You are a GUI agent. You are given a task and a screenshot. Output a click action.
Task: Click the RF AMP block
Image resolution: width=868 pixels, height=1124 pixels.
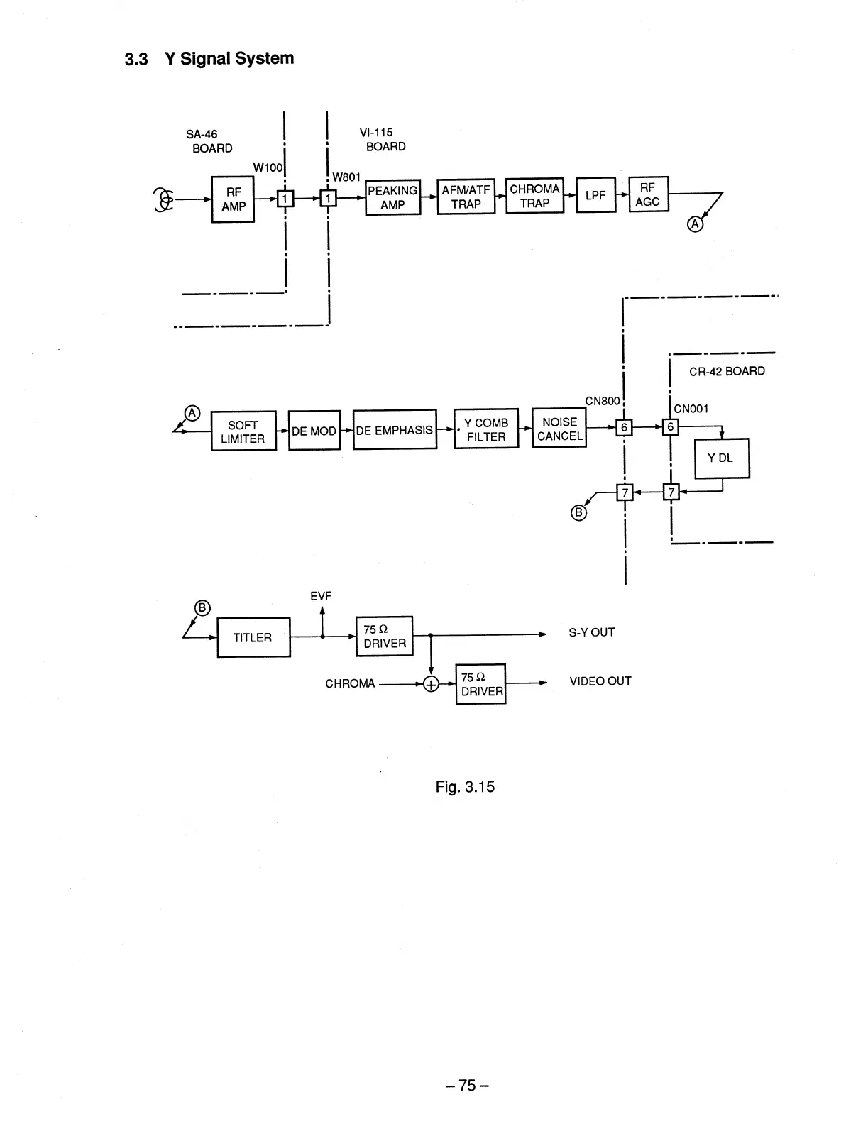(233, 199)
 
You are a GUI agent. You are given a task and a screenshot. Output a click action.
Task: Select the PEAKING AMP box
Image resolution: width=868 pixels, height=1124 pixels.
(392, 197)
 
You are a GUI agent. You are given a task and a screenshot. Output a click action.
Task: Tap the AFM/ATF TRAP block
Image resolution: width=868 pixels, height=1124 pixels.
(466, 197)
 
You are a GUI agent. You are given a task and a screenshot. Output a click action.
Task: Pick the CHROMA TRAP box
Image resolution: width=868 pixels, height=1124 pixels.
(534, 196)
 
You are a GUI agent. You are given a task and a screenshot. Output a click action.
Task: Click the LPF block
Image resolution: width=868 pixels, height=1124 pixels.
(595, 195)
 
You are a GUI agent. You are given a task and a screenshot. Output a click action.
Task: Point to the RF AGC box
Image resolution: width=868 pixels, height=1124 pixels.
(648, 194)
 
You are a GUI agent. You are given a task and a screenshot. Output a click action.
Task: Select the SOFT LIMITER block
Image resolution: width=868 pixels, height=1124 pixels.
(243, 431)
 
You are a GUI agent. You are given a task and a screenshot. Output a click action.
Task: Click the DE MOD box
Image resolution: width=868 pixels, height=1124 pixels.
(314, 431)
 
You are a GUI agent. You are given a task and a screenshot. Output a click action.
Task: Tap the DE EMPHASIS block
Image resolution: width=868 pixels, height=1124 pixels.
(395, 430)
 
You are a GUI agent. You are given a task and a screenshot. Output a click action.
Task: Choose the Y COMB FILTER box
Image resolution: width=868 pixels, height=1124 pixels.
(486, 429)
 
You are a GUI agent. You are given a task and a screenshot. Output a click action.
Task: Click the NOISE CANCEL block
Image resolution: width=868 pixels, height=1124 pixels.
(559, 429)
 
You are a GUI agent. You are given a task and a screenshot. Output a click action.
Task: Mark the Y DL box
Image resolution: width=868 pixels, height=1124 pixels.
(721, 458)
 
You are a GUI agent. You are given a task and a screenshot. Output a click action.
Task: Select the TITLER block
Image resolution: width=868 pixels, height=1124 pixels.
(253, 637)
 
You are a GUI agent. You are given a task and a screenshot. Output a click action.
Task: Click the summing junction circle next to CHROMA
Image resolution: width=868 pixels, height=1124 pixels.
(431, 684)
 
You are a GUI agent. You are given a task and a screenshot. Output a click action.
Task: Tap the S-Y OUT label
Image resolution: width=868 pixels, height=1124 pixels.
(592, 632)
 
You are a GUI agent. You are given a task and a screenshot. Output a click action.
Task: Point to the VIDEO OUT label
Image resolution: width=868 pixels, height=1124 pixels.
(600, 681)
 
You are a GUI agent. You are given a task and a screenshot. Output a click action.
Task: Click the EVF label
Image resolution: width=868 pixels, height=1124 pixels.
(321, 596)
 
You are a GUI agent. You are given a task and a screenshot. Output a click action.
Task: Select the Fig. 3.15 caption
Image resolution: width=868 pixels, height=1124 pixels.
(465, 787)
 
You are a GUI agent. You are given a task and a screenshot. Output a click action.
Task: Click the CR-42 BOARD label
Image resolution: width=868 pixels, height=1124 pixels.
(727, 371)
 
